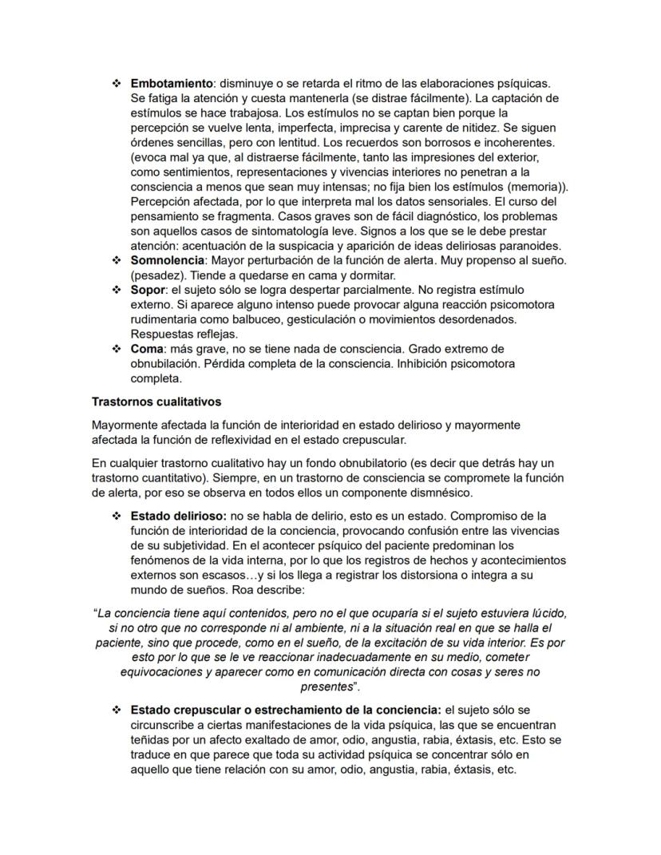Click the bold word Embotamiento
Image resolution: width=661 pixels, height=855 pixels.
172,84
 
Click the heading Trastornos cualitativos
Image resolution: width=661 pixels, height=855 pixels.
156,402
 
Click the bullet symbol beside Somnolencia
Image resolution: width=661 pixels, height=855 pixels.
117,260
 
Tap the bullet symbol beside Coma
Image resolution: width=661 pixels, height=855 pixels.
117,349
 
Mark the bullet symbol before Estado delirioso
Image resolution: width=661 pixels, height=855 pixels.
117,516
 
